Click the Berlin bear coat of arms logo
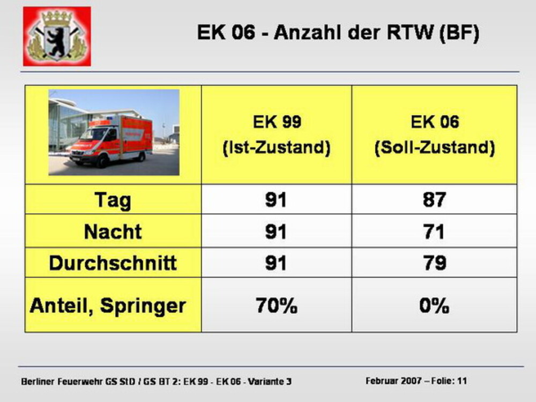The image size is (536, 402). tap(57, 36)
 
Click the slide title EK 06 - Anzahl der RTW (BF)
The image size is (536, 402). tap(338, 33)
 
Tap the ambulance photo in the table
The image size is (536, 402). tap(114, 132)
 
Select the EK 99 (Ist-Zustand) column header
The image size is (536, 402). tap(277, 135)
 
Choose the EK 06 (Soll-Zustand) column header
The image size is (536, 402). tap(435, 135)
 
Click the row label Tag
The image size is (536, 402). tap(113, 200)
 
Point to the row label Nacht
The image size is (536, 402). tap(113, 232)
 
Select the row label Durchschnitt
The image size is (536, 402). tap(113, 263)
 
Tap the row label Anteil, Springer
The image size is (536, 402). tap(108, 306)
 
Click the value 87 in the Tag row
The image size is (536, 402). tap(434, 199)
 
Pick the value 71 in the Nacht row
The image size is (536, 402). tap(434, 232)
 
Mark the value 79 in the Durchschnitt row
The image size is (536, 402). tap(435, 263)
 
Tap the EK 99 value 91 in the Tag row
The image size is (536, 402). tap(276, 199)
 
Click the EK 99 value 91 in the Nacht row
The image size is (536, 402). tap(276, 232)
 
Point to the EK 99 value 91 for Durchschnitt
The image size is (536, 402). tap(276, 263)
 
